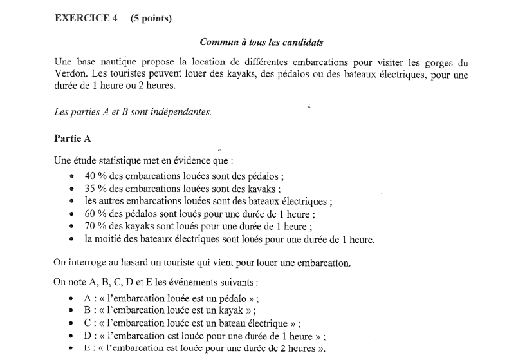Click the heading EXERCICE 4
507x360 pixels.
(86, 18)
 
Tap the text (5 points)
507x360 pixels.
(151, 18)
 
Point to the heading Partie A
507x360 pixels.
(71, 137)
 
